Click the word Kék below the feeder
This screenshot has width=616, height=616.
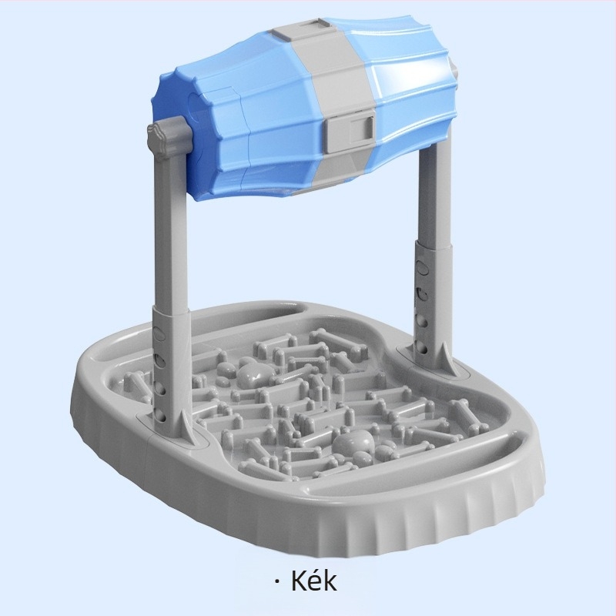point(313,581)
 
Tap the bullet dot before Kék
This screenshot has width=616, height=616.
point(278,583)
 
